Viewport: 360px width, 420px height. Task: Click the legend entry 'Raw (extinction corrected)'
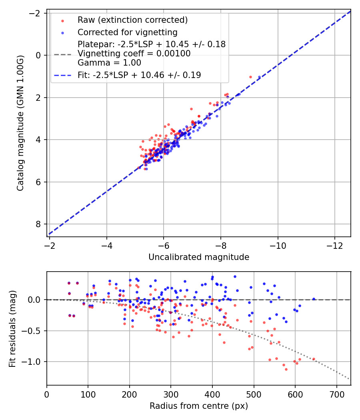tap(132, 20)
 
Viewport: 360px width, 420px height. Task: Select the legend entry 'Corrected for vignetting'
tap(127, 32)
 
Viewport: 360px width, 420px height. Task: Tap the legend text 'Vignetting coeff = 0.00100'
tap(134, 54)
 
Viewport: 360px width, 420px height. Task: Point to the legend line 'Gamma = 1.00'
tap(109, 63)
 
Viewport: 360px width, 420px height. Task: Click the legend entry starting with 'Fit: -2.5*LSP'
tap(139, 75)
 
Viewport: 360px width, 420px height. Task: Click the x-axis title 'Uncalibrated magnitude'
tap(199, 257)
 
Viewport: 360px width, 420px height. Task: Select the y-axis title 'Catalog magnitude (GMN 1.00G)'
tap(21, 123)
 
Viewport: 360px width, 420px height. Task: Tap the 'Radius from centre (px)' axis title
tap(199, 406)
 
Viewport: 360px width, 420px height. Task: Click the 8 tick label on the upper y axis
tap(38, 224)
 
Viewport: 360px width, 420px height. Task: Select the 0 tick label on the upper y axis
tap(38, 55)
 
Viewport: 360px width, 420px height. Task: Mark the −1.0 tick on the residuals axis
tap(34, 362)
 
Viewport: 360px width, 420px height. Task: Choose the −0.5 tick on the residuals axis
tap(34, 331)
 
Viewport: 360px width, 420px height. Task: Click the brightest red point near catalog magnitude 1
tap(250, 77)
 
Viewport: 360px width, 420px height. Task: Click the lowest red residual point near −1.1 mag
tap(286, 369)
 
